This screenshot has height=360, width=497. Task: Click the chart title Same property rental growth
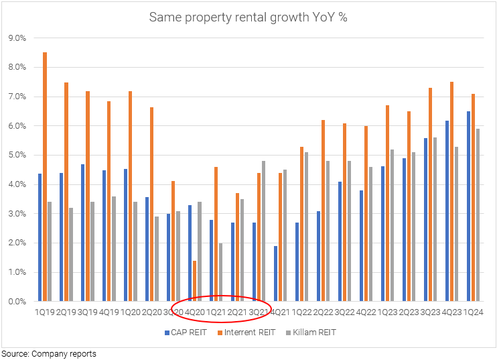click(x=248, y=17)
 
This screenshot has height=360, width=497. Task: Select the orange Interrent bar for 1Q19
click(x=45, y=177)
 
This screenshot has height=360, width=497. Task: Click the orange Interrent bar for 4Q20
click(x=194, y=281)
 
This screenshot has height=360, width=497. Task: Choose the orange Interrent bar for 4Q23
click(x=453, y=192)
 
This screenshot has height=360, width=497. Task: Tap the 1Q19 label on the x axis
click(x=45, y=312)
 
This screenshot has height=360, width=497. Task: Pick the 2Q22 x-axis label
click(x=323, y=312)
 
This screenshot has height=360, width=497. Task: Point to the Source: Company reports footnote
click(x=48, y=353)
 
